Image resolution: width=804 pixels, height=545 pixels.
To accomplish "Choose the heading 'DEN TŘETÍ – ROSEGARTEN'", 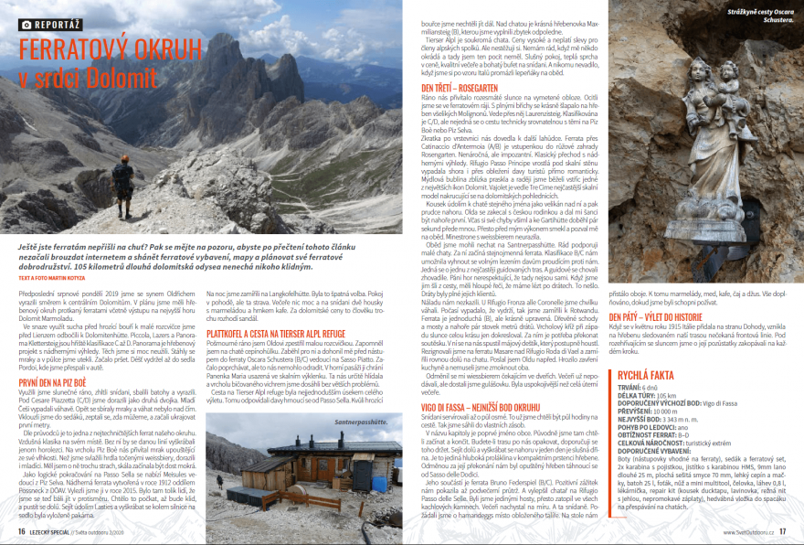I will [x=446, y=87].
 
